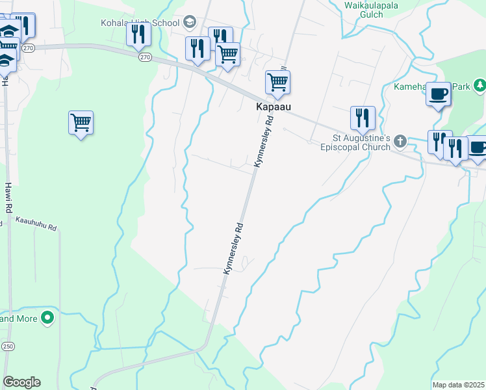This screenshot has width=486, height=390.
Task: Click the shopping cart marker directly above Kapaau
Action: point(277,83)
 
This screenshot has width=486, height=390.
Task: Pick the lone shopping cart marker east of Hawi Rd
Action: point(81,122)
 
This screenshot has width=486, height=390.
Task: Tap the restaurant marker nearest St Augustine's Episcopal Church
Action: point(363,118)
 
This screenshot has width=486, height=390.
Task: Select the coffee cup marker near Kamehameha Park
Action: point(438,94)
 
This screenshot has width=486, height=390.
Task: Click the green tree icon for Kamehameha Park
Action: point(480,85)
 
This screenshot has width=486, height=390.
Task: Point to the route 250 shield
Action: point(8,345)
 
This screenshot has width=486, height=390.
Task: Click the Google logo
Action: point(21,382)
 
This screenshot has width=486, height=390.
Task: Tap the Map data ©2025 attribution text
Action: point(458,385)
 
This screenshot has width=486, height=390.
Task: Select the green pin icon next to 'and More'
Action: point(47,318)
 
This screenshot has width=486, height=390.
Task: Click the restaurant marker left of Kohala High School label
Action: point(138,33)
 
